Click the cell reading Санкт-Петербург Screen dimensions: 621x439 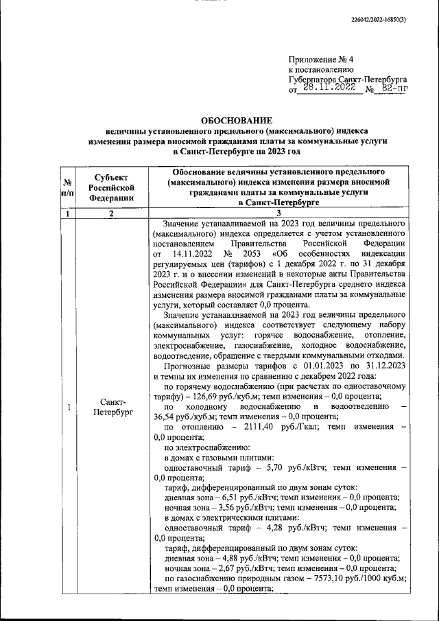[110, 406]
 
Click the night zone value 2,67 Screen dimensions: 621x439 [236, 568]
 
